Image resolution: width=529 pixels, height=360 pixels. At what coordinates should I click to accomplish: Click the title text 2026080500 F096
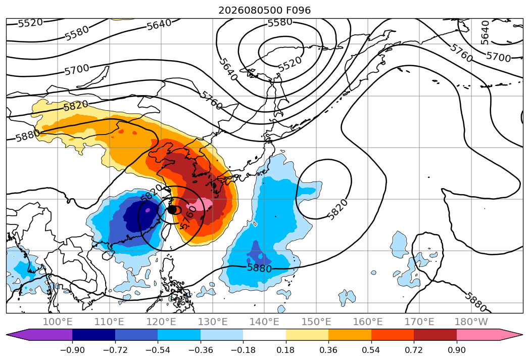[x=265, y=11]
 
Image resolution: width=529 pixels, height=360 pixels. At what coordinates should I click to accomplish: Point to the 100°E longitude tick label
[x=58, y=322]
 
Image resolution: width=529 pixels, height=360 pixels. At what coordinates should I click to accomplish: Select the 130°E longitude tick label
[x=213, y=322]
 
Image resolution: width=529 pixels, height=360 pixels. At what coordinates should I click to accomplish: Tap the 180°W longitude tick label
[x=471, y=322]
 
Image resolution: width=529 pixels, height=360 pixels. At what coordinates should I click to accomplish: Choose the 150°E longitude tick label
[x=316, y=322]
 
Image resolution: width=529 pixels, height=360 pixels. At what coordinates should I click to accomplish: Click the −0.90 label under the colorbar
[x=72, y=350]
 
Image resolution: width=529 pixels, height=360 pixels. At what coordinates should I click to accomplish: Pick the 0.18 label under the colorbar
[x=286, y=350]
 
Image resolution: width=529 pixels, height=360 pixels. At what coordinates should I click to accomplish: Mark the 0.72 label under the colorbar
[x=414, y=350]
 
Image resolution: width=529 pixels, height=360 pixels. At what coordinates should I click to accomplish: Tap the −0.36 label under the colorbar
[x=201, y=350]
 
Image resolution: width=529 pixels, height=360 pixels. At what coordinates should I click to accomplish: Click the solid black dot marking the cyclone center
[x=172, y=210]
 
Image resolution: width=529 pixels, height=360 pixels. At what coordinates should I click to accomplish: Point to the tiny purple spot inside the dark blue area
[x=148, y=210]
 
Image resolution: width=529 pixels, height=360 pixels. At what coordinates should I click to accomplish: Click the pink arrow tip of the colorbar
[x=518, y=335]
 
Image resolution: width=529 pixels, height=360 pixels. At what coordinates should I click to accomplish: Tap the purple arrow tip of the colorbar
[x=12, y=335]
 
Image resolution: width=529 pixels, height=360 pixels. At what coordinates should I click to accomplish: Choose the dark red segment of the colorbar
[x=435, y=335]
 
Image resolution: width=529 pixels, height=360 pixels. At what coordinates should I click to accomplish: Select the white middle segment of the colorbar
[x=265, y=335]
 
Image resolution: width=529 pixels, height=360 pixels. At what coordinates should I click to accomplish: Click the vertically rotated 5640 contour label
[x=485, y=33]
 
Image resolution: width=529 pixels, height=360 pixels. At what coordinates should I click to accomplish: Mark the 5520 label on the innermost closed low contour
[x=290, y=64]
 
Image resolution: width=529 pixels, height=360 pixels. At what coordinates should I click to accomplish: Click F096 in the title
[x=298, y=11]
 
